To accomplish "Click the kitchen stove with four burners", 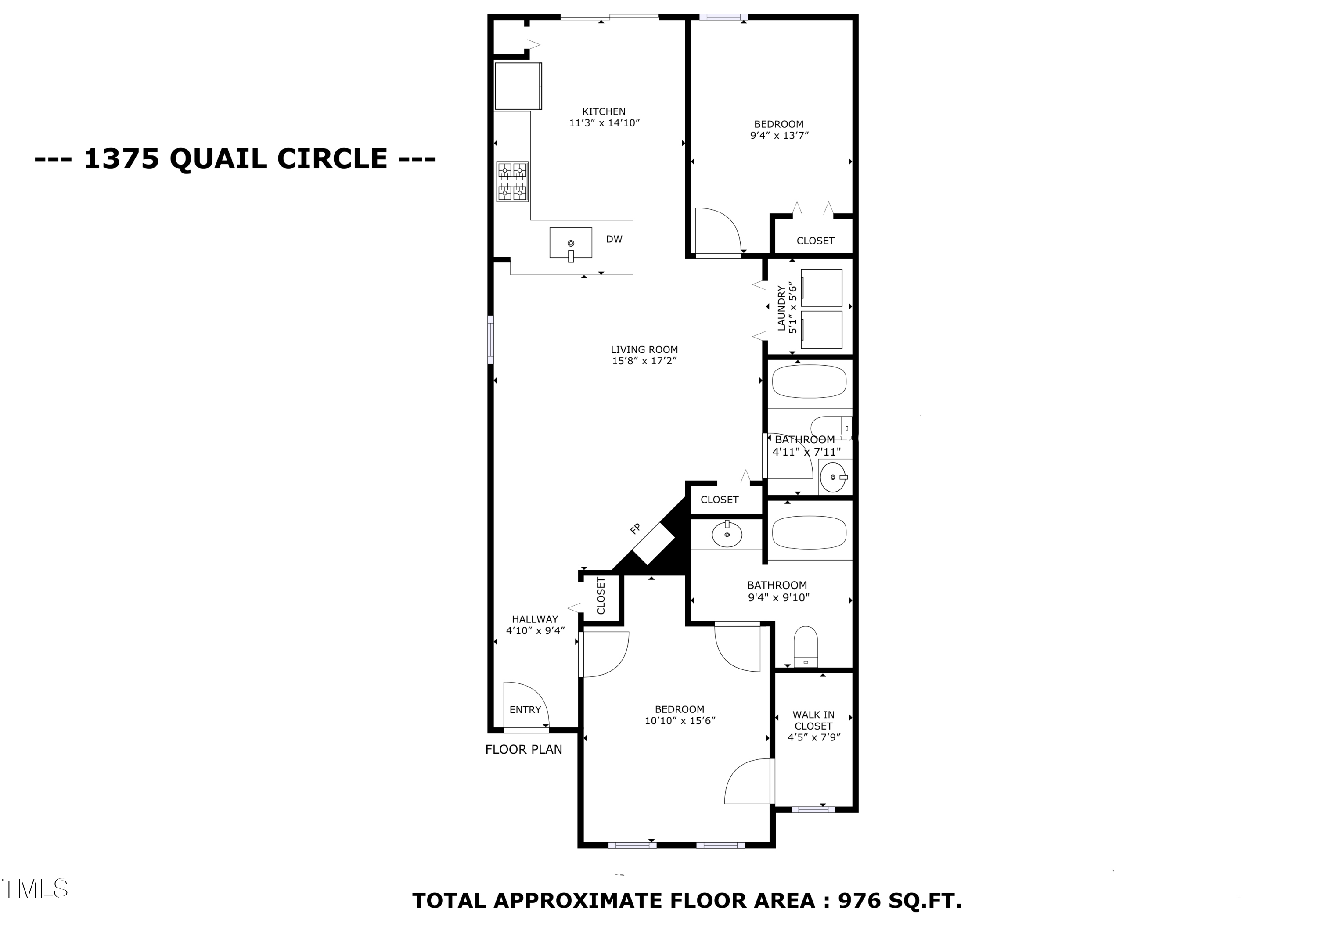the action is (512, 182).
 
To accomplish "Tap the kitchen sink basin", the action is (571, 243).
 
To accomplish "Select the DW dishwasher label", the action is (614, 239).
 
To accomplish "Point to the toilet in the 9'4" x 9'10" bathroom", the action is (806, 647).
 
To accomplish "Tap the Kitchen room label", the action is (604, 111).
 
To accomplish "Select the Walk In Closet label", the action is (813, 720).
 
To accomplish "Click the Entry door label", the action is (525, 710).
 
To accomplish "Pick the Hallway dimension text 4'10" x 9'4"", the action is (535, 630).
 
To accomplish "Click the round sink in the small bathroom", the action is (833, 477).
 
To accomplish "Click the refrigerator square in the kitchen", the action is (518, 86).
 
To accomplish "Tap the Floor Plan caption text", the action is (524, 749).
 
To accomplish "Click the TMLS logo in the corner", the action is (36, 888).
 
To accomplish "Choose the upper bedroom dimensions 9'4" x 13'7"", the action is (779, 135).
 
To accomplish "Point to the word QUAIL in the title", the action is (219, 158).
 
